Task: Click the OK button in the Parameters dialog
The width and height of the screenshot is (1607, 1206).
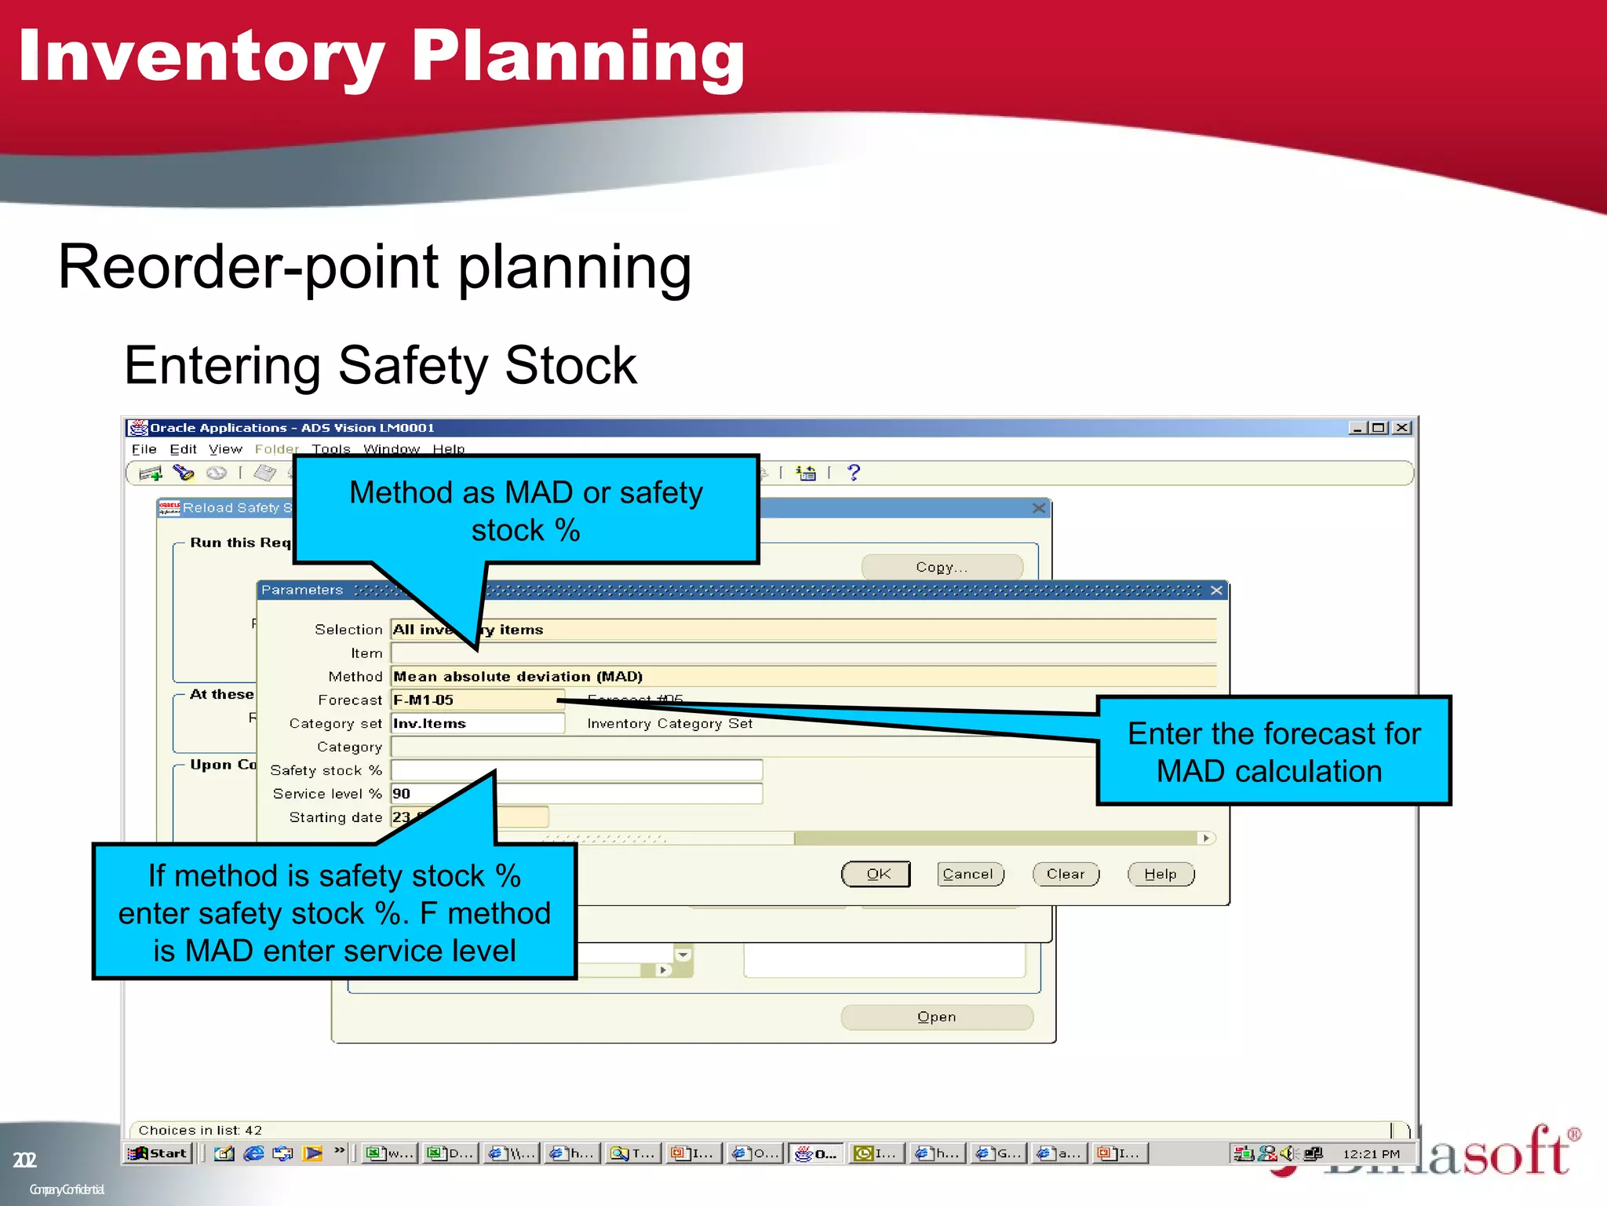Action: pyautogui.click(x=876, y=874)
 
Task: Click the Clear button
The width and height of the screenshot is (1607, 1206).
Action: pyautogui.click(x=1066, y=874)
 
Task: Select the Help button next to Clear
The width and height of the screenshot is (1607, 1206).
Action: pyautogui.click(x=1161, y=874)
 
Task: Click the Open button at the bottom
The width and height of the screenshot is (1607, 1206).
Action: pyautogui.click(x=937, y=1017)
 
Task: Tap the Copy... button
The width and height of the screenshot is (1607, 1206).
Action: pyautogui.click(x=942, y=567)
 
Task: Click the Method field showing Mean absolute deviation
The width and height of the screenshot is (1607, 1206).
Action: pyautogui.click(x=803, y=676)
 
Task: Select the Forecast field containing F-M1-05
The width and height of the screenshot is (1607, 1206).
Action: pyautogui.click(x=477, y=700)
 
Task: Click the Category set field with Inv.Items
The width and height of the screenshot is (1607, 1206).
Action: pyautogui.click(x=477, y=723)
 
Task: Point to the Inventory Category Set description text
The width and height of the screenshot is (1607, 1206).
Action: pyautogui.click(x=669, y=723)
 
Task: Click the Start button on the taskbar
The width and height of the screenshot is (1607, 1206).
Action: pyautogui.click(x=159, y=1153)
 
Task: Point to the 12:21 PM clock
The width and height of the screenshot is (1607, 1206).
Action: pyautogui.click(x=1371, y=1153)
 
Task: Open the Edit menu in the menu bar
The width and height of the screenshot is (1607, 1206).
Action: pyautogui.click(x=183, y=449)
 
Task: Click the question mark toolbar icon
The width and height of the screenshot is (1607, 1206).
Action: pyautogui.click(x=854, y=473)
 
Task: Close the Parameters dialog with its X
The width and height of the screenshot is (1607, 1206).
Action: pyautogui.click(x=1216, y=590)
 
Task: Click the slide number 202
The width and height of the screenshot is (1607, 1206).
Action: pyautogui.click(x=24, y=1160)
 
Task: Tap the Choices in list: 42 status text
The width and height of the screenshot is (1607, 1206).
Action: pyautogui.click(x=200, y=1130)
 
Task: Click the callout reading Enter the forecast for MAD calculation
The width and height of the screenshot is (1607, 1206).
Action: pyautogui.click(x=1274, y=751)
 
